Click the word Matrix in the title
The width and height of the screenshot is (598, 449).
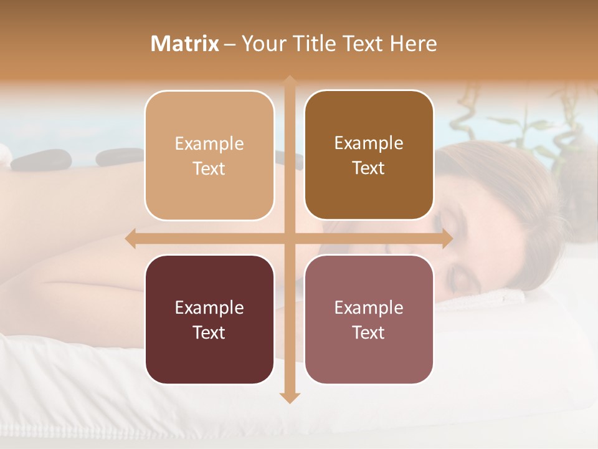point(185,44)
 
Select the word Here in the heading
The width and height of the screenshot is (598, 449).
point(413,44)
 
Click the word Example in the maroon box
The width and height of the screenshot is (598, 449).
point(209,307)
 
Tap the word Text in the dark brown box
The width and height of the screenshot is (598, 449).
point(369,168)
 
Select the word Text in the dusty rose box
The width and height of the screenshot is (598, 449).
point(369,332)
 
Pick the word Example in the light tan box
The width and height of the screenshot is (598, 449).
point(209,143)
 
